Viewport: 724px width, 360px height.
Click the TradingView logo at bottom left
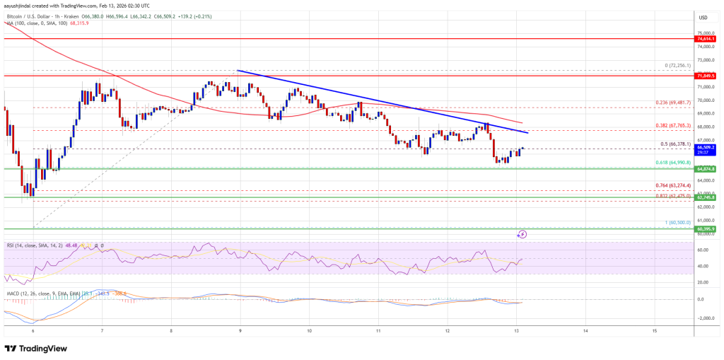pyautogui.click(x=37, y=348)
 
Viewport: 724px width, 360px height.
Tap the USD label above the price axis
pyautogui.click(x=703, y=17)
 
